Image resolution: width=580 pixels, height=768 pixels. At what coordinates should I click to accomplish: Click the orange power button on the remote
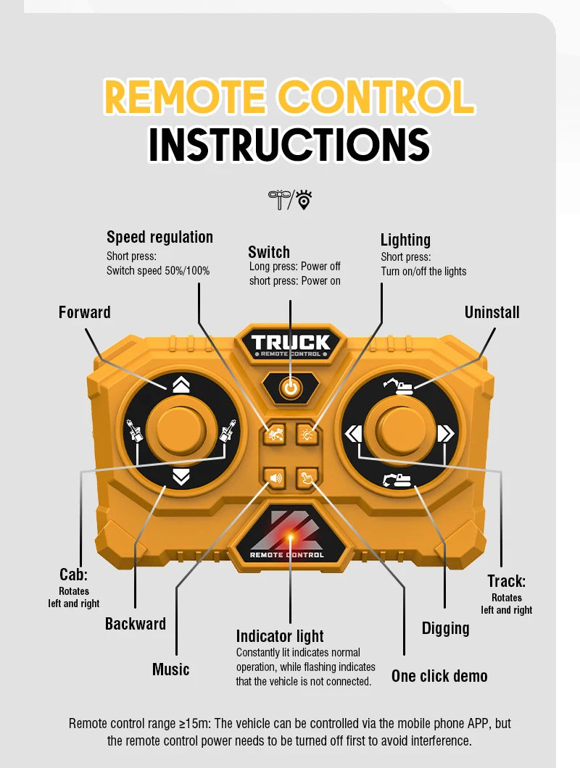(290, 388)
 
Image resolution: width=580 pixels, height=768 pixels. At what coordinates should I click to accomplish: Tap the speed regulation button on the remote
(275, 434)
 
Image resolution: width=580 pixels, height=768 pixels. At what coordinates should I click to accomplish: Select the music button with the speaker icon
(275, 477)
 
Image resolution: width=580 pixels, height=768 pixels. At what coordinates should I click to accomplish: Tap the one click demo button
(307, 477)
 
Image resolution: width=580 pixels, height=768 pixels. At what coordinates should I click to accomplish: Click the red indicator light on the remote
(290, 538)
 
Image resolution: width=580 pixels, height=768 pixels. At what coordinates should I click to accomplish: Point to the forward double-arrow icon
(181, 385)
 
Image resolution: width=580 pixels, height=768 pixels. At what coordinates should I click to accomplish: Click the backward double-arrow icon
(181, 477)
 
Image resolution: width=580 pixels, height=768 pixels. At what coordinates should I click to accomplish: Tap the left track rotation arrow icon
(353, 434)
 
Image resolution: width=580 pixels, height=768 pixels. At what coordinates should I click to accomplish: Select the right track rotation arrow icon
(445, 434)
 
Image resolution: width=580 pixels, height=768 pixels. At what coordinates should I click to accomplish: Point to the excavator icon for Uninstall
(398, 386)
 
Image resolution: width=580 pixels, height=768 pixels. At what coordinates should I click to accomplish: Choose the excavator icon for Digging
(397, 480)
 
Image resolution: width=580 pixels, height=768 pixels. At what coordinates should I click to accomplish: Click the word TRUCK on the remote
(291, 343)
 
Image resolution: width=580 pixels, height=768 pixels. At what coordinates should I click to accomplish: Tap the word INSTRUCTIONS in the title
(289, 144)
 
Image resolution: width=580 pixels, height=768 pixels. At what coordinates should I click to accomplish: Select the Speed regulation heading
(159, 237)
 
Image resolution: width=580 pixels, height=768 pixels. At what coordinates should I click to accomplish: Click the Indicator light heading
(280, 635)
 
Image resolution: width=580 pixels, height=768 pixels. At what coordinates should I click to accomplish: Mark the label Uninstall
(492, 312)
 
